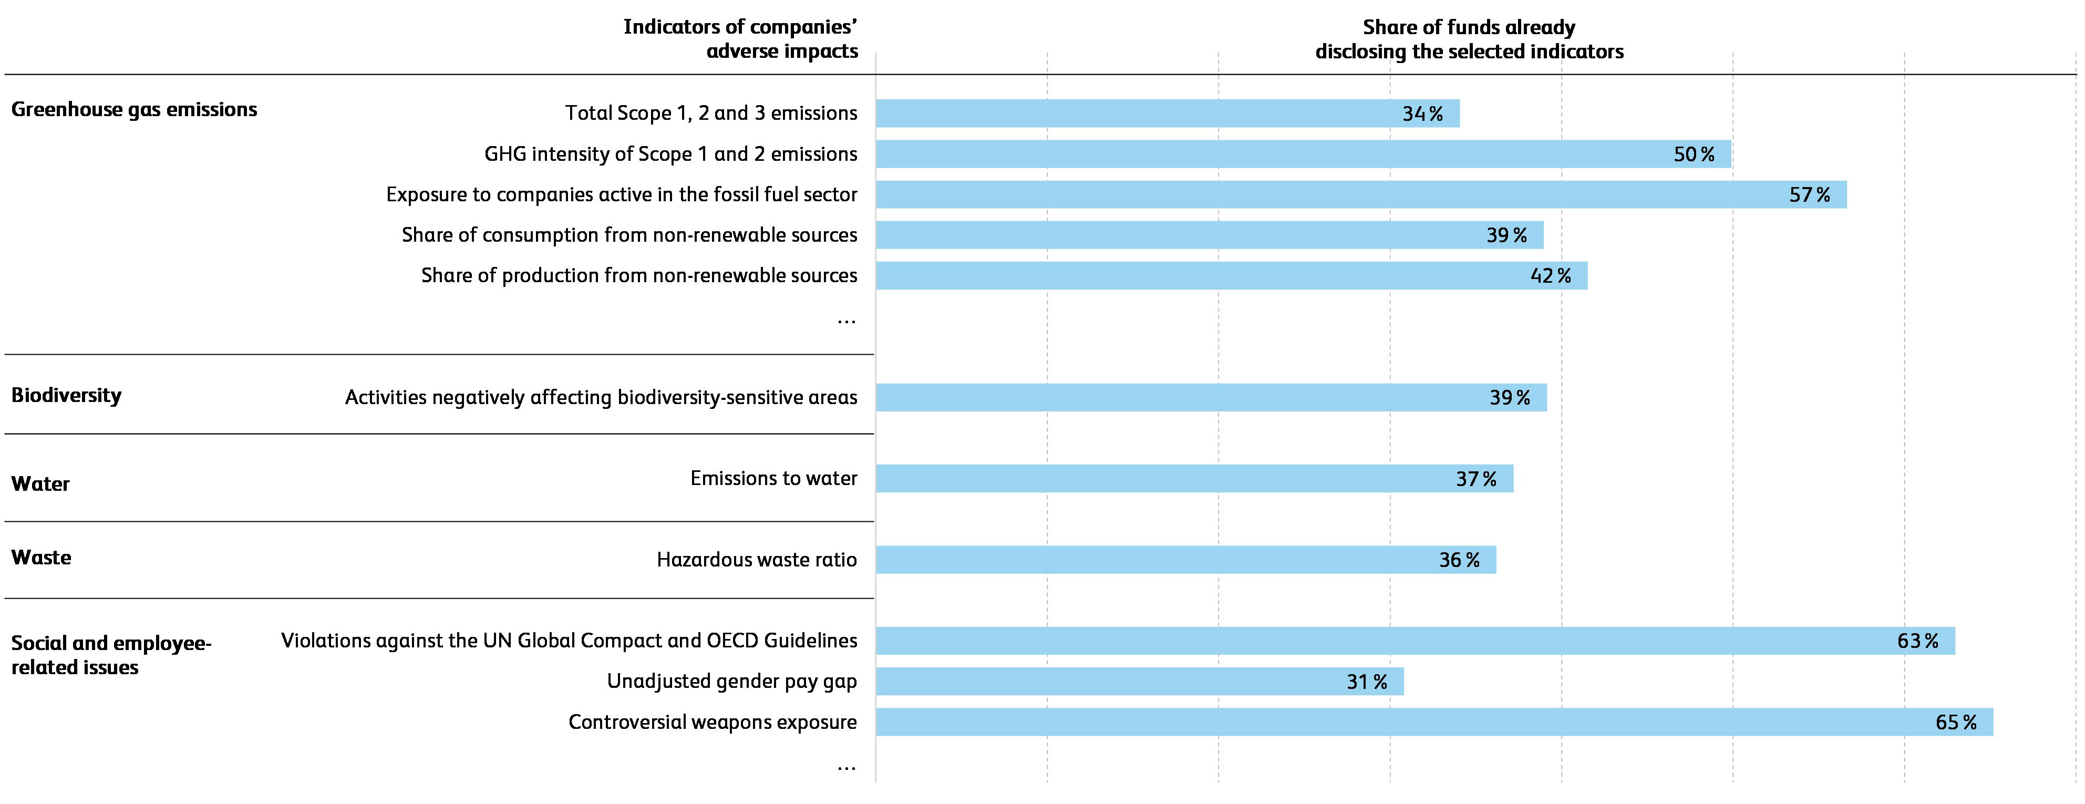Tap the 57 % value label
pyautogui.click(x=1809, y=195)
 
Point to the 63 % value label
pyautogui.click(x=1917, y=641)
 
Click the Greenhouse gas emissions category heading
pyautogui.click(x=135, y=109)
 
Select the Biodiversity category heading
pyautogui.click(x=66, y=395)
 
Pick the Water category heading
pyautogui.click(x=40, y=483)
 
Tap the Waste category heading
pyautogui.click(x=42, y=557)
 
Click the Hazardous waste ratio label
pyautogui.click(x=756, y=560)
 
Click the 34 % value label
pyautogui.click(x=1422, y=114)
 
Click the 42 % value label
pyautogui.click(x=1550, y=276)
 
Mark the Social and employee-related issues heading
pyautogui.click(x=111, y=655)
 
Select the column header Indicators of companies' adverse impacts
pyautogui.click(x=740, y=39)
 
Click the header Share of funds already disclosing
pyautogui.click(x=1469, y=39)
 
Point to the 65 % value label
pyautogui.click(x=1956, y=722)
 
